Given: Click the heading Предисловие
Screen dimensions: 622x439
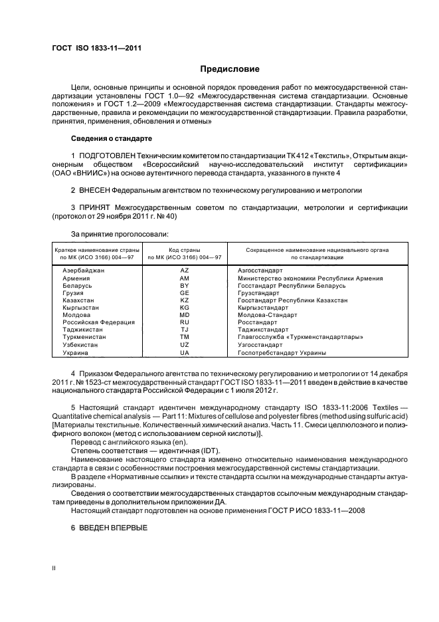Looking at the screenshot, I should (x=230, y=69).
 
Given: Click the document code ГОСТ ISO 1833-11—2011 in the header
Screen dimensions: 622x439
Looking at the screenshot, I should (x=96, y=48).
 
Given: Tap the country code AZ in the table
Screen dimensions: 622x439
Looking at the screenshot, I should (x=185, y=270).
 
